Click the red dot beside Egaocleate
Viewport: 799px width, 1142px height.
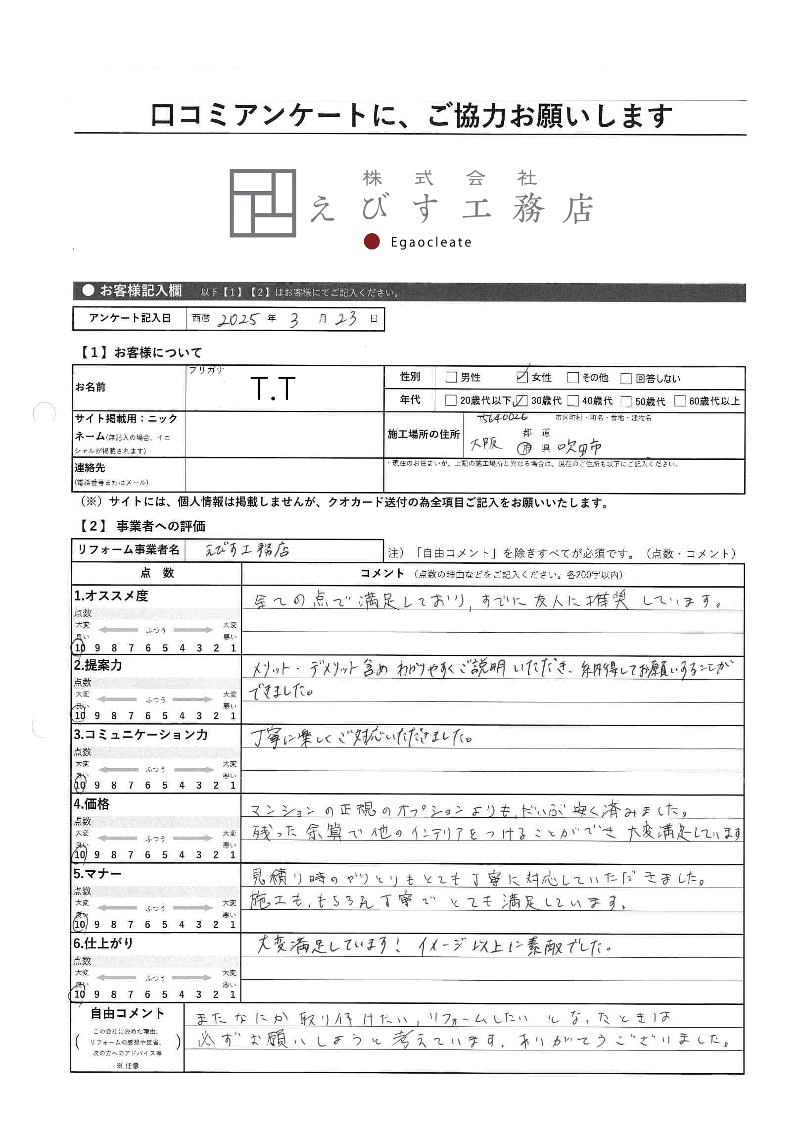tap(372, 242)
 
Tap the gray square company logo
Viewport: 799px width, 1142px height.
tap(263, 203)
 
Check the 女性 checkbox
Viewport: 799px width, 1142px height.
tap(521, 377)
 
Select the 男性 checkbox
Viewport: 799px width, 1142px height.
tap(451, 377)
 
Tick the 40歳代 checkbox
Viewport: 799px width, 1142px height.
tap(573, 401)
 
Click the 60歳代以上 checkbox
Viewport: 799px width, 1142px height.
tap(680, 401)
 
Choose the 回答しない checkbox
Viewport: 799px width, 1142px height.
tap(626, 379)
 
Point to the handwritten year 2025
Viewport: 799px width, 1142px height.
tap(238, 319)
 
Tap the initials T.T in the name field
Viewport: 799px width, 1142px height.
tap(273, 389)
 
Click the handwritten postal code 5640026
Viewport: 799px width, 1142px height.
tap(502, 418)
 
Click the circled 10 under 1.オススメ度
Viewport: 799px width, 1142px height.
tap(80, 647)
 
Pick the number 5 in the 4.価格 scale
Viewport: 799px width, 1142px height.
tap(165, 854)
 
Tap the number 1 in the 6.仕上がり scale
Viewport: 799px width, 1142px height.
tap(233, 994)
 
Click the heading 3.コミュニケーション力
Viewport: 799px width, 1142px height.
tap(141, 735)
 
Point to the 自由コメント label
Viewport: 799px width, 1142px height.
tap(127, 1013)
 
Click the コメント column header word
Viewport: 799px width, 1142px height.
tap(382, 574)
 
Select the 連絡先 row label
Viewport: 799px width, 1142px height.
tap(90, 468)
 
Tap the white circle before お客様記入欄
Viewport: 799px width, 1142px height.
tap(89, 291)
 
